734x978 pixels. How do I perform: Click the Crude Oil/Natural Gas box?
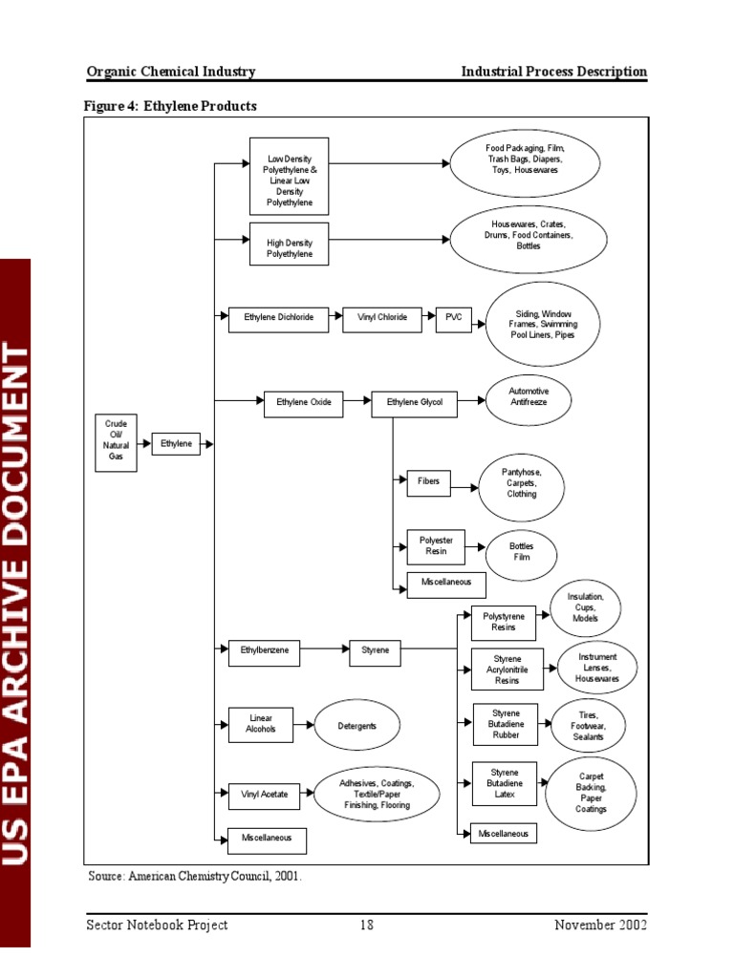coord(117,443)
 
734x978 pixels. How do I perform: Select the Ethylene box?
coord(176,443)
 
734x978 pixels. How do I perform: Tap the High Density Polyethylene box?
coord(289,249)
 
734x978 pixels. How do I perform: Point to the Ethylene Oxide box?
coord(304,403)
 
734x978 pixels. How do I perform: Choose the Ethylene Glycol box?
coord(414,403)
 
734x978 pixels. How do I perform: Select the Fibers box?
coord(429,482)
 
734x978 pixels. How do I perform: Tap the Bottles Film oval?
coord(521,552)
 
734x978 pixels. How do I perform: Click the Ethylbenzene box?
coord(264,653)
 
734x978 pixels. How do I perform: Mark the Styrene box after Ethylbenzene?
coord(375,653)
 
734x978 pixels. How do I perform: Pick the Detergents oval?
coord(356,726)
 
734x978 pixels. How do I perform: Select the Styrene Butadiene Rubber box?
coord(506,726)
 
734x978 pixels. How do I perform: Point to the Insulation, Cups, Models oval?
coord(586,608)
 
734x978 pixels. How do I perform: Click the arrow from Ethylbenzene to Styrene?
coord(325,653)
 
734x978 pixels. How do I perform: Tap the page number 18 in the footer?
coord(367,925)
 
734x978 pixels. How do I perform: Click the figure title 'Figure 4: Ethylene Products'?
coord(171,106)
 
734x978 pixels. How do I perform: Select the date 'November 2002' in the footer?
coord(600,925)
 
